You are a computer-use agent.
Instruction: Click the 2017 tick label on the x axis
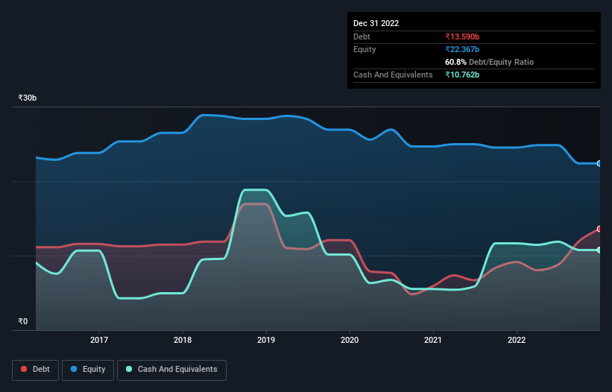point(99,341)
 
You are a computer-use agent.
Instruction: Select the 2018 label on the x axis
point(183,341)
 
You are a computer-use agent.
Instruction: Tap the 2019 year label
point(266,341)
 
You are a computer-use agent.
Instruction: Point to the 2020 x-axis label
point(350,341)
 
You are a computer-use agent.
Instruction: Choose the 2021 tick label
point(433,341)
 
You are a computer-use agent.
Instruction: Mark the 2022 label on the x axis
point(517,341)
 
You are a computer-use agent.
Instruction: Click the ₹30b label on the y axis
point(28,98)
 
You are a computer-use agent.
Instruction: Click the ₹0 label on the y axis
point(22,322)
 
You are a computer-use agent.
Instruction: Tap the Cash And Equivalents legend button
point(171,369)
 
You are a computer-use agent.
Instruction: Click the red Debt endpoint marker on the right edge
point(599,229)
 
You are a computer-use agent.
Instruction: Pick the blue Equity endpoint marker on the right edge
point(599,163)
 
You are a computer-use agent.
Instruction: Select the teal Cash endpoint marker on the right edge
point(599,250)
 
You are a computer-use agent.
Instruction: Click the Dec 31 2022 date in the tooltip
point(376,23)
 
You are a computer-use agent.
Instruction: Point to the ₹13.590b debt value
point(462,37)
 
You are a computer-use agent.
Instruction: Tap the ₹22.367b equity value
point(462,49)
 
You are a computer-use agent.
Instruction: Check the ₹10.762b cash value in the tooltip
point(462,75)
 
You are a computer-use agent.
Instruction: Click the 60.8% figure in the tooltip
point(455,62)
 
